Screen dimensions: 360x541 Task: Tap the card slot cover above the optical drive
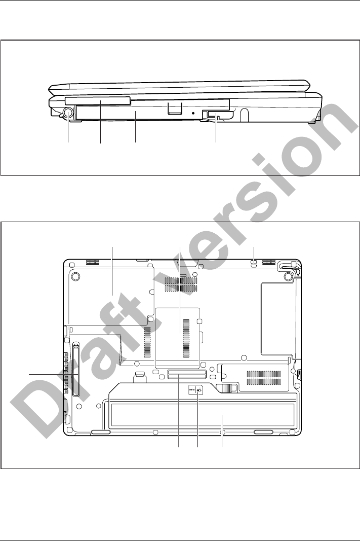click(98, 100)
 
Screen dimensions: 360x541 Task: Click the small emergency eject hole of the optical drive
click(193, 113)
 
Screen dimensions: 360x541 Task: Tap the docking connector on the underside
click(187, 374)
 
